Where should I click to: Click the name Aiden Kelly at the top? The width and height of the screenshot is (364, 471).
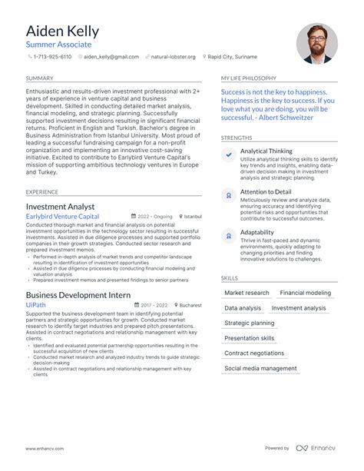tap(62, 32)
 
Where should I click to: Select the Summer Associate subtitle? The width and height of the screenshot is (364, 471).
tap(58, 45)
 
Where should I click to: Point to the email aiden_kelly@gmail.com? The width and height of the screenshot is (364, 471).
tap(111, 57)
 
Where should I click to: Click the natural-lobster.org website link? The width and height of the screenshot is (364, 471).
tap(173, 57)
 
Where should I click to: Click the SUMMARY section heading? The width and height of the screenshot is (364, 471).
tap(39, 78)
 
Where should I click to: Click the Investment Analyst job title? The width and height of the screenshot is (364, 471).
tap(60, 207)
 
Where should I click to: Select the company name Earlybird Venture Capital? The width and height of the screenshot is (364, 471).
tap(62, 217)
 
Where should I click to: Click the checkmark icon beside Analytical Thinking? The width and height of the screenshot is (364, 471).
tap(229, 154)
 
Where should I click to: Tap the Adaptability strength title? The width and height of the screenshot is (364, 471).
tap(256, 232)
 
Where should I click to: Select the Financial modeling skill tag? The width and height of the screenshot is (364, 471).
tap(306, 293)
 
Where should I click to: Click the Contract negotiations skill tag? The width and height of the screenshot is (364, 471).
tap(254, 353)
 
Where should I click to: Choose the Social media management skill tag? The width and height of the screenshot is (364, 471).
tap(260, 368)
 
